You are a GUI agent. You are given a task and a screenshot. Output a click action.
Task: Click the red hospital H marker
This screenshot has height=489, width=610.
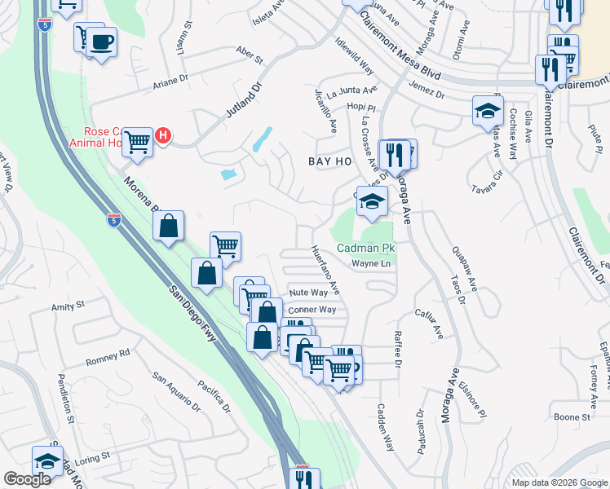coord(163,135)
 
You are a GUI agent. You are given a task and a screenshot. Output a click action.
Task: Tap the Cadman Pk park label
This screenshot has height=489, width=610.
coord(366,248)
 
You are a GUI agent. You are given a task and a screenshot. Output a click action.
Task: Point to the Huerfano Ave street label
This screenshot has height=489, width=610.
coord(325,271)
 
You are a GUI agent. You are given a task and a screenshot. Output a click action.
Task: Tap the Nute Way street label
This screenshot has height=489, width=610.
coord(308,292)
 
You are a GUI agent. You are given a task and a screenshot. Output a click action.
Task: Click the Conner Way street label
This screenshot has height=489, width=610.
coord(312,310)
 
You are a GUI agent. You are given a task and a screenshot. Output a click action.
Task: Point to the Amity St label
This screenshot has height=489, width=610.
coord(69,306)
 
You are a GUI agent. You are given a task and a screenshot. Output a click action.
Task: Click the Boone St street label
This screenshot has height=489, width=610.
coord(572,417)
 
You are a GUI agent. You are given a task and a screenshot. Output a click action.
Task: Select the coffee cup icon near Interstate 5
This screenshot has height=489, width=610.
coord(101,42)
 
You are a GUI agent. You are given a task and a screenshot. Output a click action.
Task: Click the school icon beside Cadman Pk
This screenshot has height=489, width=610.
coord(372,201)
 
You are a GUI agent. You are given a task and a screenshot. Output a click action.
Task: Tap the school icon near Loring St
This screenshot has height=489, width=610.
coord(48,461)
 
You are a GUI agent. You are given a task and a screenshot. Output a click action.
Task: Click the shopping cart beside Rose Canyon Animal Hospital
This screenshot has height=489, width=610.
coord(138,143)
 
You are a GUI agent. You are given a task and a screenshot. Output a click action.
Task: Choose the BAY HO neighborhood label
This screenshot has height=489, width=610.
coord(329,161)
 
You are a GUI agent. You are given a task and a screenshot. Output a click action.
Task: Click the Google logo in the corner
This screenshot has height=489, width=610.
coord(27,479)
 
